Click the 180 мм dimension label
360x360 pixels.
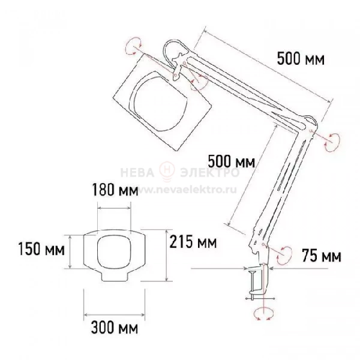point(115,190)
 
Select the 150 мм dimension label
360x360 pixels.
point(41,249)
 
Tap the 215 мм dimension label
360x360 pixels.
point(193,242)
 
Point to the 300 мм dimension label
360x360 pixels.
point(115,327)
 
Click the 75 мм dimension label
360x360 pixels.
point(322,256)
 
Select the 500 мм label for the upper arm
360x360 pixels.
point(301,59)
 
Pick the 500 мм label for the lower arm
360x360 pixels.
point(232,161)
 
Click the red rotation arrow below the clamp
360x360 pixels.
point(264,314)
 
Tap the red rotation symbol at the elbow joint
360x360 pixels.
point(332,142)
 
